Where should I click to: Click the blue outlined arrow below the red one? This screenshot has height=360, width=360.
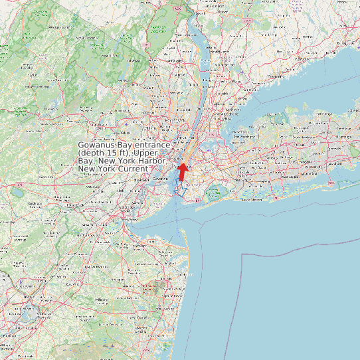point(180,188)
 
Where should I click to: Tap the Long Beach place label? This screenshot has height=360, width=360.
point(252,199)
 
